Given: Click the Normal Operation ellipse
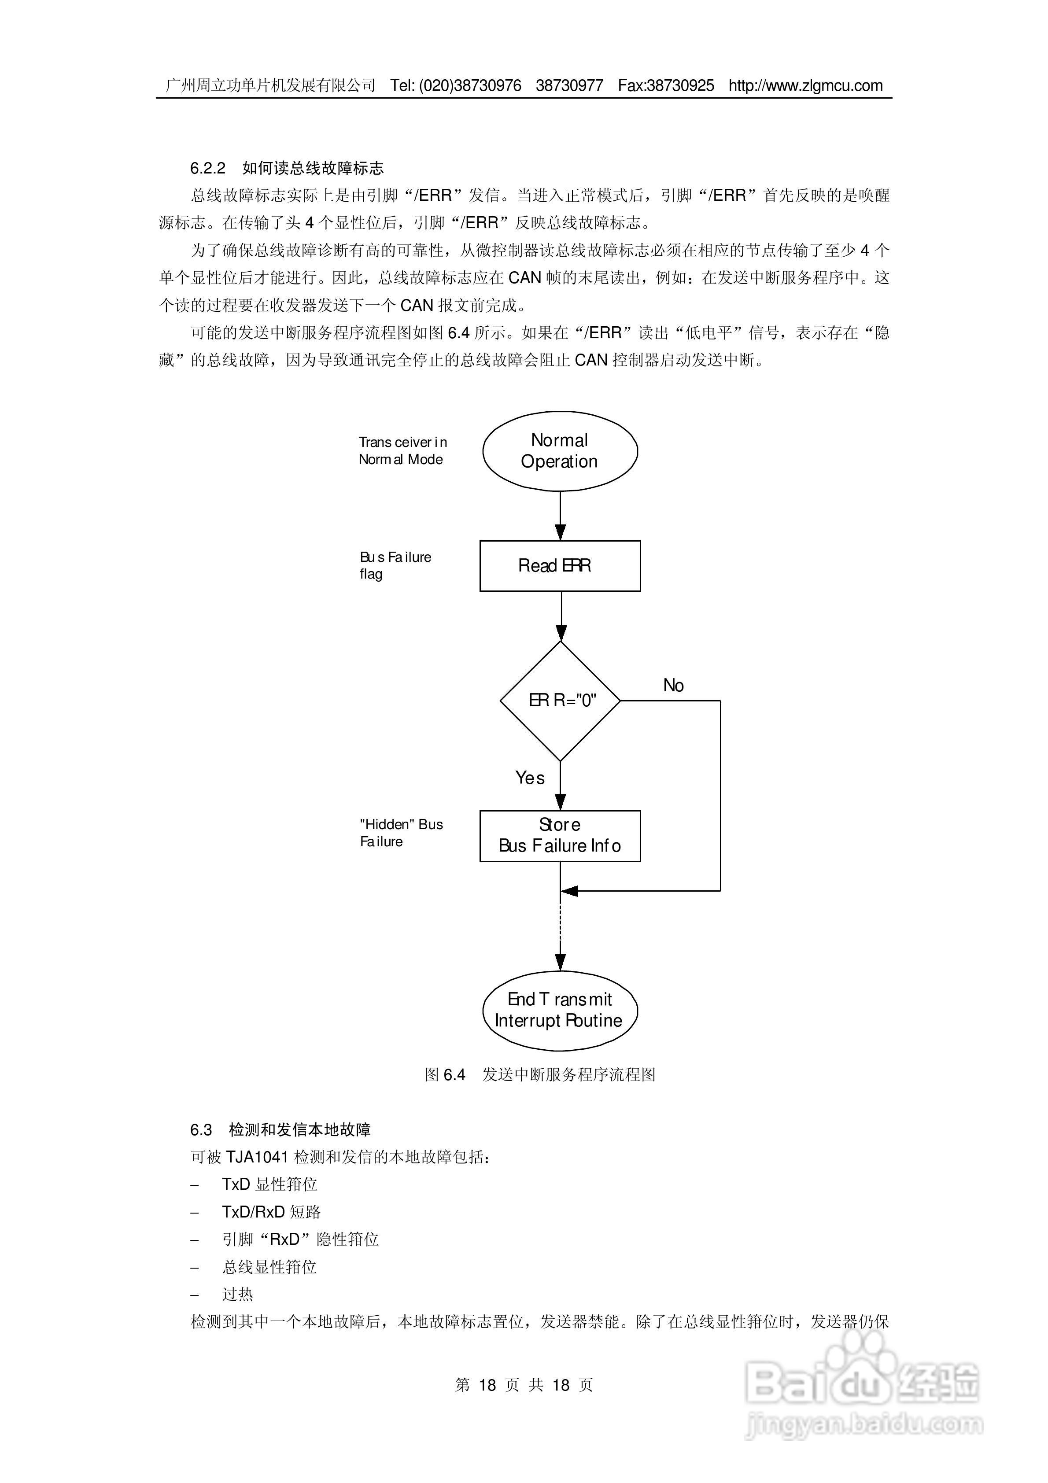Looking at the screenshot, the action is [x=560, y=451].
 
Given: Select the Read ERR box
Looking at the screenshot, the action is [x=560, y=566].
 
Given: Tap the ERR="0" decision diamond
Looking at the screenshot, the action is [x=560, y=701].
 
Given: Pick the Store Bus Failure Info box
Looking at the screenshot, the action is [x=560, y=836].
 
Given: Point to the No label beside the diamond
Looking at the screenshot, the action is [x=673, y=685].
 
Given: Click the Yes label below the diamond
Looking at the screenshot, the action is [x=530, y=778].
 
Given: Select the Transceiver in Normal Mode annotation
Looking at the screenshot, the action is [x=402, y=451].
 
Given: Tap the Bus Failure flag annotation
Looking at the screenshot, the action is [x=395, y=565].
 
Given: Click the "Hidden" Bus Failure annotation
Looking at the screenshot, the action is [x=401, y=833].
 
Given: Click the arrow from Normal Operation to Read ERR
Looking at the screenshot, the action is [x=560, y=516].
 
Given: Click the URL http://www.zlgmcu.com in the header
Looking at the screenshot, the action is [x=806, y=85].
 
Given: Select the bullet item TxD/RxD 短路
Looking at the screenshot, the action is [x=271, y=1212].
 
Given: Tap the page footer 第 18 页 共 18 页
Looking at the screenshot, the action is [x=524, y=1385].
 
